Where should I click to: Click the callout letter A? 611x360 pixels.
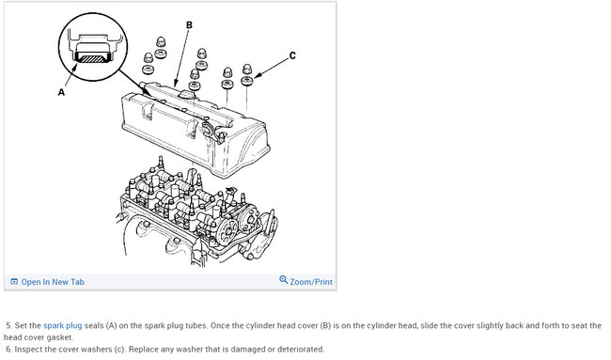point(61,92)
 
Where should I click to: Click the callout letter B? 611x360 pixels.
point(189,25)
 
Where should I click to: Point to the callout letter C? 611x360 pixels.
point(292,55)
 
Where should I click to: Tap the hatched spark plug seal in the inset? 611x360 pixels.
point(91,58)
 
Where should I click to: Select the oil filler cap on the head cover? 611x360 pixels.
point(186,93)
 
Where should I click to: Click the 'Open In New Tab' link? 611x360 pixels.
point(53,282)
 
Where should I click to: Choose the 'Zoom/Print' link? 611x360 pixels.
point(311,282)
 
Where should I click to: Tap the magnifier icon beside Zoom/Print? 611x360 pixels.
point(283,280)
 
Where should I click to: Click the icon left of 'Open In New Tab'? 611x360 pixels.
point(14,282)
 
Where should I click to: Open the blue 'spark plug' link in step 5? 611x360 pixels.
point(63,325)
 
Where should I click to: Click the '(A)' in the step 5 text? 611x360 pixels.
point(111,325)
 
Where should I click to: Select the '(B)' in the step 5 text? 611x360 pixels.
point(325,325)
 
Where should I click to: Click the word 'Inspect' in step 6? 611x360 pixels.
point(27,349)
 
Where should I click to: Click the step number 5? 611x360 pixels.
point(9,325)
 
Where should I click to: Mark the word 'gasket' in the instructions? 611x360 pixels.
point(60,337)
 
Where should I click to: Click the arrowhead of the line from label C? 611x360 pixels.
point(257,75)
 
